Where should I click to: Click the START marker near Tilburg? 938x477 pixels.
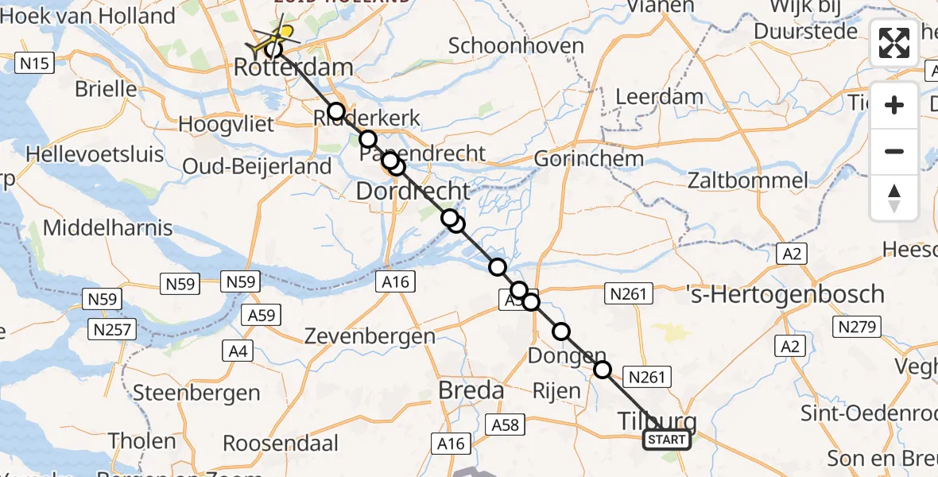pos(666,440)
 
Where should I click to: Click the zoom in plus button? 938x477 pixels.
pos(894,106)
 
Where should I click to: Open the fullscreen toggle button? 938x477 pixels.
pos(894,43)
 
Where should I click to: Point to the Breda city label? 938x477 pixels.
pos(472,390)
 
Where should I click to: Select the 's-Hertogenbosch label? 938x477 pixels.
pos(785,294)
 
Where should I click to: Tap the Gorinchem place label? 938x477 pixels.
pos(588,159)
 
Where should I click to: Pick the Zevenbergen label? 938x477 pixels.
pos(370,336)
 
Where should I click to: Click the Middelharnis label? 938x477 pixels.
pos(107,228)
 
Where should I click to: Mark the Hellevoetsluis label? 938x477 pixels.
pos(95,153)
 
